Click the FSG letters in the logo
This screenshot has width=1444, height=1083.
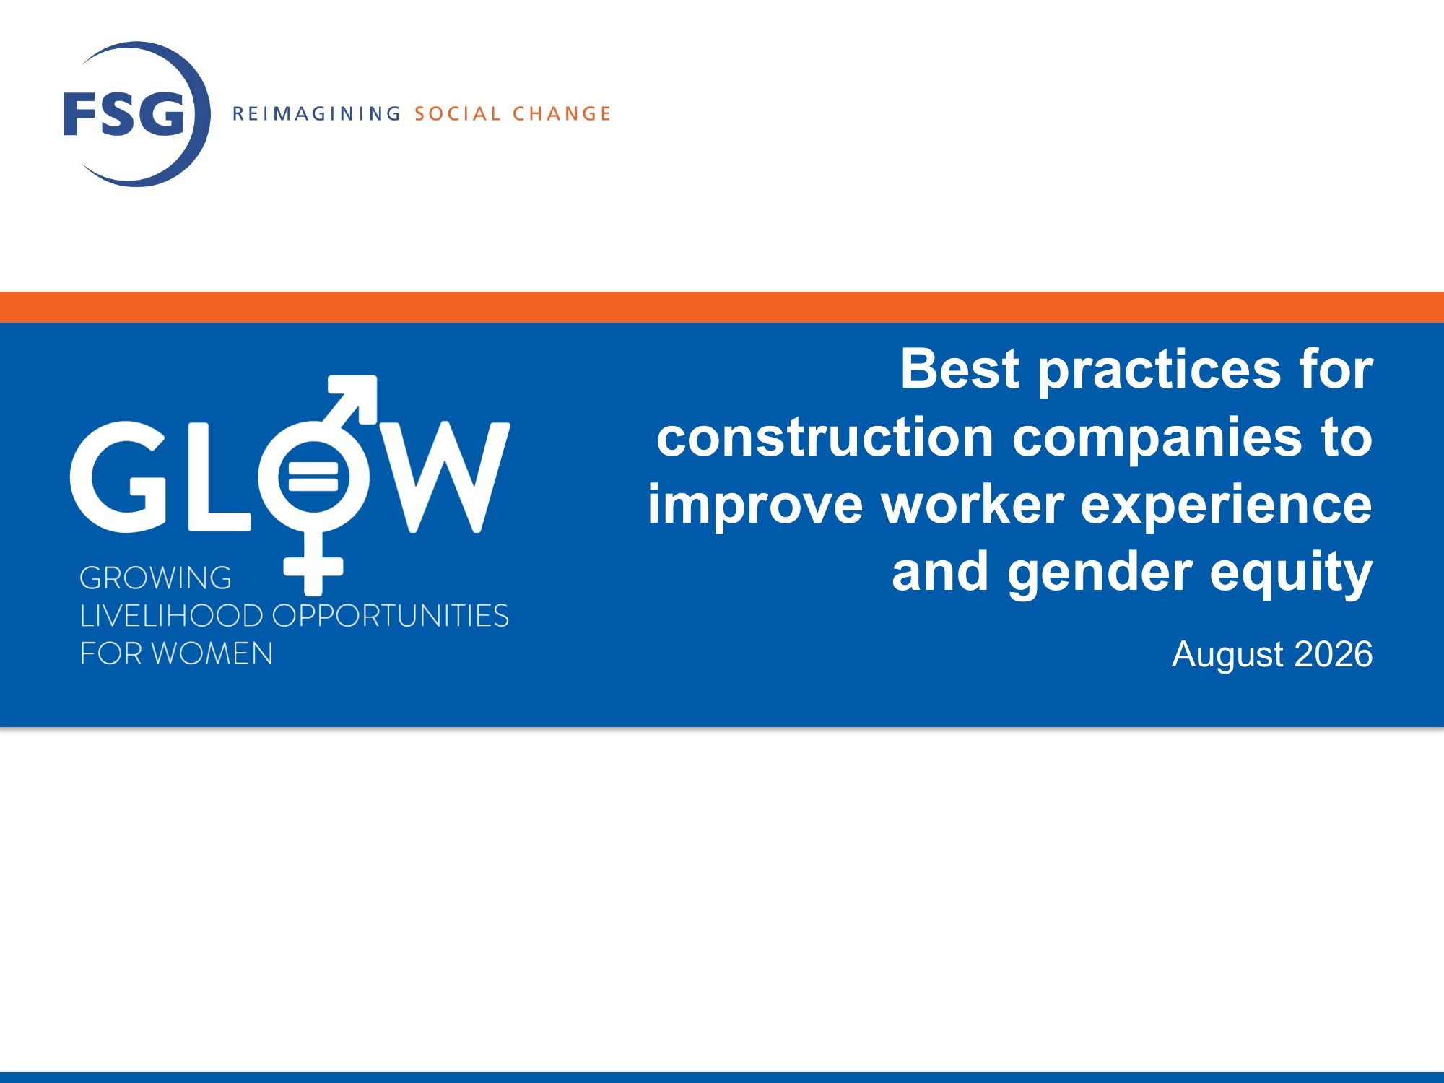tap(123, 114)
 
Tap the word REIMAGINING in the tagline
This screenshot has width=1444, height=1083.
tap(316, 114)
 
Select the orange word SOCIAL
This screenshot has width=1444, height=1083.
tap(457, 114)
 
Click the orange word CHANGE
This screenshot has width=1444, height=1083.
tap(562, 114)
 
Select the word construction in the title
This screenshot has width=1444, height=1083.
tap(825, 437)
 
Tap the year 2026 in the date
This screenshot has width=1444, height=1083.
tap(1334, 654)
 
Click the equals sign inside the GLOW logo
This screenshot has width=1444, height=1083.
tap(313, 477)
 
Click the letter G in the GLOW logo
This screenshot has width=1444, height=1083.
tap(119, 477)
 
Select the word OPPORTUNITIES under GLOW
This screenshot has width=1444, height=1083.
tap(391, 616)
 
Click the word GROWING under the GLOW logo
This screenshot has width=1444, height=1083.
tap(155, 578)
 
